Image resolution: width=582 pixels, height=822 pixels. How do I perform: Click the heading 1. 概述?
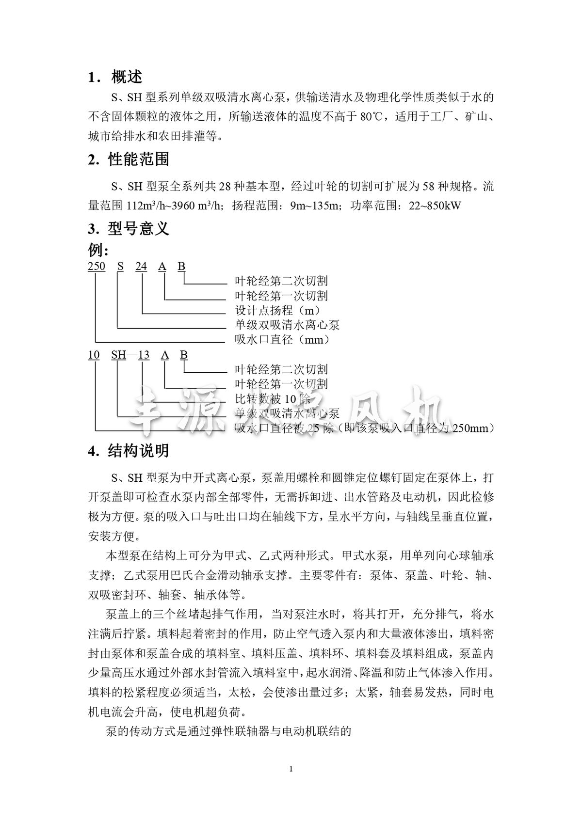pos(115,77)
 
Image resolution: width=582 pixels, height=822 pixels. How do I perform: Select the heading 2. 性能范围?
pos(129,159)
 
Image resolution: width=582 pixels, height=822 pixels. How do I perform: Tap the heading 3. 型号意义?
pos(129,228)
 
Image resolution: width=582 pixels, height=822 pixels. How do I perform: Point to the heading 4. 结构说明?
pos(129,451)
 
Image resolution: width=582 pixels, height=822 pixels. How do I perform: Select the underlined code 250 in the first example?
pos(96,266)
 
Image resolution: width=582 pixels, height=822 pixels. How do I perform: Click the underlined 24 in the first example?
pos(141,266)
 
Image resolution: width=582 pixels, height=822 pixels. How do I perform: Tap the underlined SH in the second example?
pos(118,355)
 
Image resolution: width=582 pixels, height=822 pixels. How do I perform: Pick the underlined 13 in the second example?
pos(144,355)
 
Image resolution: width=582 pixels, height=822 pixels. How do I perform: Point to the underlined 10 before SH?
pos(94,355)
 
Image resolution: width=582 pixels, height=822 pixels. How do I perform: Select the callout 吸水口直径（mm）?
pos(282,340)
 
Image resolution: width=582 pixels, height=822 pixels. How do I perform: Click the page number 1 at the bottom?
pos(291,769)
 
